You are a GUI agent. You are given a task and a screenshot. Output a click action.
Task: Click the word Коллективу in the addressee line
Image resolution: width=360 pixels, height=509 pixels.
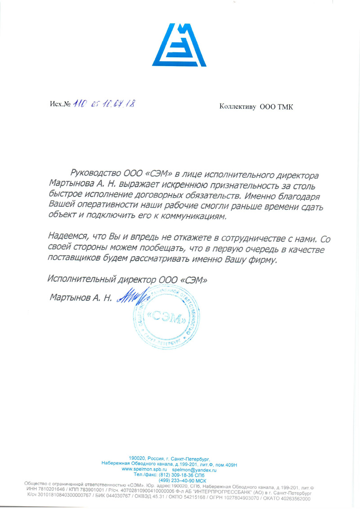pos(238,107)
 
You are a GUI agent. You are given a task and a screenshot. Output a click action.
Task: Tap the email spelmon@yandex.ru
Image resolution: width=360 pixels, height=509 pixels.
pos(194,469)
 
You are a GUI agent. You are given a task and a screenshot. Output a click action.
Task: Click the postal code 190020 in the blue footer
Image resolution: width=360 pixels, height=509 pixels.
pos(138,458)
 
